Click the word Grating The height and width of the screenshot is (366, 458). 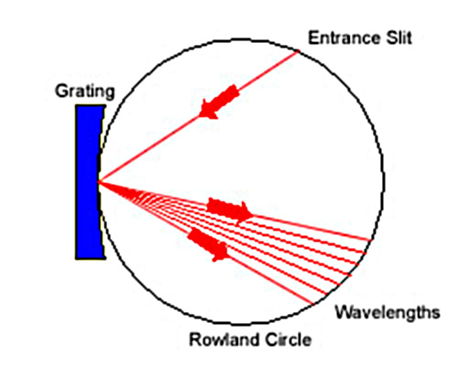click(x=85, y=91)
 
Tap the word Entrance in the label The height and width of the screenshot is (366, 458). click(x=344, y=38)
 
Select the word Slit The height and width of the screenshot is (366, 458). click(x=398, y=38)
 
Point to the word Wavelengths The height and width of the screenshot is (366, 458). click(x=387, y=313)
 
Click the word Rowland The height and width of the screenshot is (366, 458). click(x=224, y=339)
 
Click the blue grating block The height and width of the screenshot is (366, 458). click(x=90, y=182)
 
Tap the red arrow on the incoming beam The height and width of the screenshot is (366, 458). click(x=219, y=102)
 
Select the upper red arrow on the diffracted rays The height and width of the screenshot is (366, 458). click(x=230, y=210)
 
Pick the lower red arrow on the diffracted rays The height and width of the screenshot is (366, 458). click(x=209, y=244)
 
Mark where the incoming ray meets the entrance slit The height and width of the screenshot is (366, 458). click(x=298, y=52)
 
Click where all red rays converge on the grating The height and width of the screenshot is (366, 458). click(x=99, y=182)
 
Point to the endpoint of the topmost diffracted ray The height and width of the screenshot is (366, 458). click(x=370, y=241)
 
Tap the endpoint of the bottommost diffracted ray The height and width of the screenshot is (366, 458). click(x=313, y=304)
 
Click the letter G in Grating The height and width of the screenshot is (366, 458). click(x=62, y=91)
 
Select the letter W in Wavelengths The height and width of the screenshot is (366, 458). click(x=344, y=312)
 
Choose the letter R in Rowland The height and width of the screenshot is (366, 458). click(x=195, y=339)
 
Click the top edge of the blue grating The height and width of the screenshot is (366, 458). click(x=91, y=105)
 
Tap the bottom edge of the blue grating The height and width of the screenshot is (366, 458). click(x=91, y=258)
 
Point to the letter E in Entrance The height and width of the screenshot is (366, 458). click(x=313, y=38)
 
